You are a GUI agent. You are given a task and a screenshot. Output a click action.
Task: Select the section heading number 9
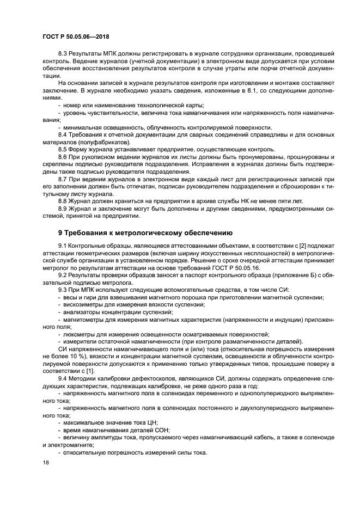pos(45,232)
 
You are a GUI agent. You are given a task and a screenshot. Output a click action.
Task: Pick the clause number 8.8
pos(64,201)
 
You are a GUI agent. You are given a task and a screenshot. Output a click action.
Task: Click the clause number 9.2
pos(64,275)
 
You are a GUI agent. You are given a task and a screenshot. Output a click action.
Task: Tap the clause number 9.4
pos(64,378)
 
